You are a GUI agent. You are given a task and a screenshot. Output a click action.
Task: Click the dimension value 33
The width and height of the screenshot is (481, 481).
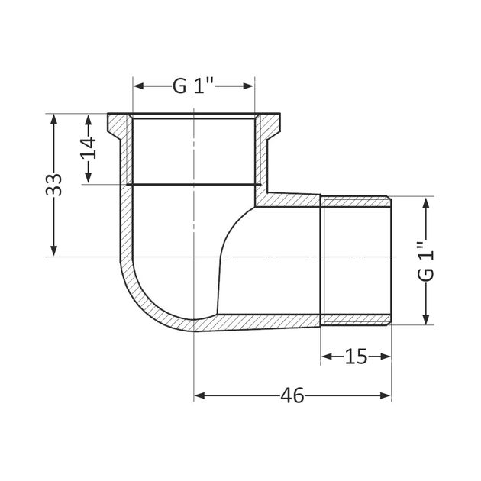coord(53,185)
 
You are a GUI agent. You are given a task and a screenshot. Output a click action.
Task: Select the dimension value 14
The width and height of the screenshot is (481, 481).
coord(89,148)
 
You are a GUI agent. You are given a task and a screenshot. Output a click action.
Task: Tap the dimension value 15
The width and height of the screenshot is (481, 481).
coord(356,357)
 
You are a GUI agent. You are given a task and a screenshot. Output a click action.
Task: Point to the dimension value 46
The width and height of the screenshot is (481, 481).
coord(292,395)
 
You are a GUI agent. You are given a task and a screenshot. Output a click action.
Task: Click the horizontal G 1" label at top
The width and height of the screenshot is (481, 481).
coord(193,86)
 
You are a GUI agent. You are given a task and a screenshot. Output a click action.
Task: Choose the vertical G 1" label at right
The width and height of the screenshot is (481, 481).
coord(426,261)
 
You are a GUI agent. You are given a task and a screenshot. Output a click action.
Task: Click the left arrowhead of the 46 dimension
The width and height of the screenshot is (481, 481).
coord(199,395)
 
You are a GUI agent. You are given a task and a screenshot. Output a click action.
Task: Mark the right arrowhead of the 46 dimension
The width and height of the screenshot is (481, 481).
coord(386,395)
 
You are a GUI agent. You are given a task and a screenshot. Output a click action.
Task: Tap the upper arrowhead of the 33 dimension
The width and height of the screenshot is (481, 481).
coord(54,119)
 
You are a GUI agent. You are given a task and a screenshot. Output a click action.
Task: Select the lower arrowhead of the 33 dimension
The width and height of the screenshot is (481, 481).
coord(54,250)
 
